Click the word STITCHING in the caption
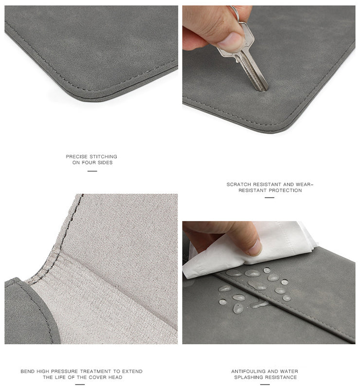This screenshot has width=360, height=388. click(103, 157)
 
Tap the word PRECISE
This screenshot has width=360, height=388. click(77, 157)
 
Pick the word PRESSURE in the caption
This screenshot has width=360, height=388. click(65, 371)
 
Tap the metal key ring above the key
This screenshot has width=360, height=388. click(235, 14)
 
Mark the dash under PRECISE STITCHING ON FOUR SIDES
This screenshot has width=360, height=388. click(92, 171)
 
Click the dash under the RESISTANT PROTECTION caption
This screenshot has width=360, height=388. click(269, 198)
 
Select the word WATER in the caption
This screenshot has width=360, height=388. click(290, 371)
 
